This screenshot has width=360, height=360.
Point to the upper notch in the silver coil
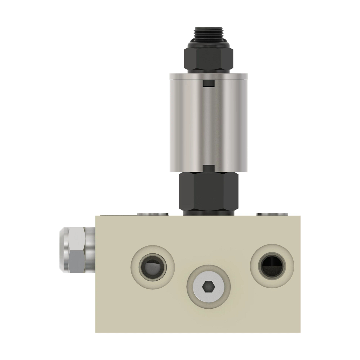(208, 84)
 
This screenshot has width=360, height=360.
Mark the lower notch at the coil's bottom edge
(208, 169)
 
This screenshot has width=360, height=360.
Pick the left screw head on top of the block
(152, 214)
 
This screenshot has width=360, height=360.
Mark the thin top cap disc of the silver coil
(208, 77)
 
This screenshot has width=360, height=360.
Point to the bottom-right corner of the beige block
(300, 332)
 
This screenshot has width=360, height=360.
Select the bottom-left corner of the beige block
(96, 332)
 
